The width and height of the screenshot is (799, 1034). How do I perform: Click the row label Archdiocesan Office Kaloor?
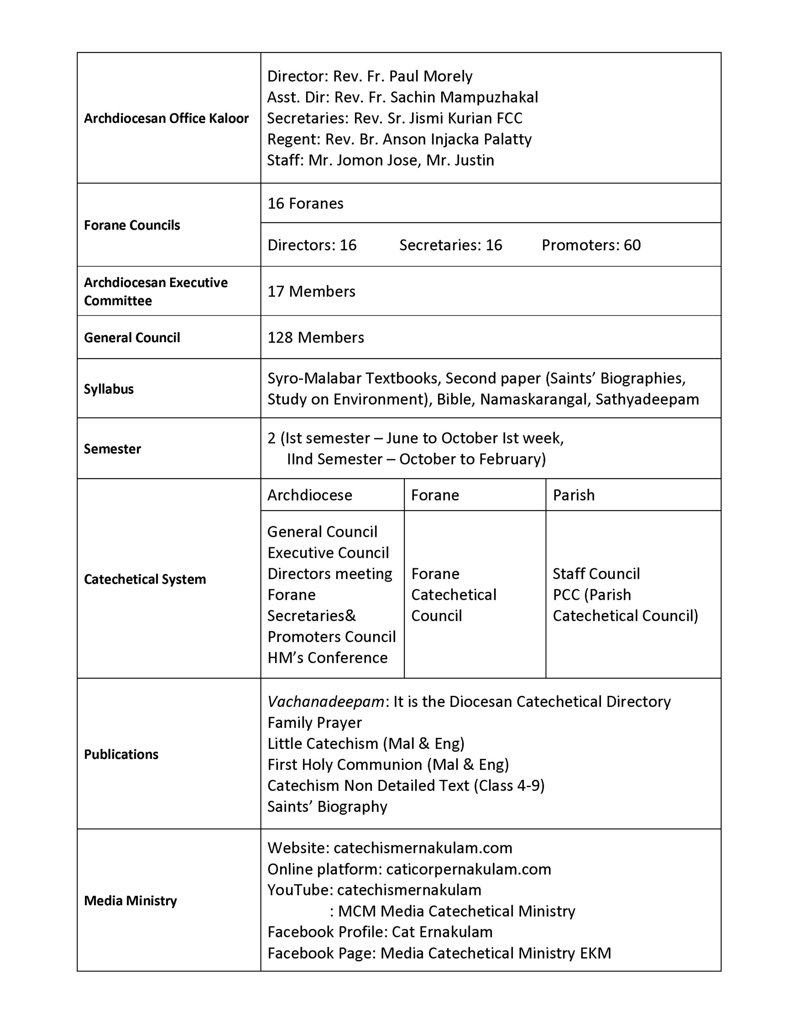pos(166,118)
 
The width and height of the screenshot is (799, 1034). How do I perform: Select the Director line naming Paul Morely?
pos(370,76)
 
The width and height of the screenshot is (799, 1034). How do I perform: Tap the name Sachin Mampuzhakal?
pos(464,97)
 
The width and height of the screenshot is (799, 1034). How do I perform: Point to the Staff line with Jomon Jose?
pos(381,160)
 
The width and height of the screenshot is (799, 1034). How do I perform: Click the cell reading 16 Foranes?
pos(305,203)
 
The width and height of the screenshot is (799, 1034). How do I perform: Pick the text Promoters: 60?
pos(591,245)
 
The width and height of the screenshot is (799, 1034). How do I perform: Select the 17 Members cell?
pos(311,291)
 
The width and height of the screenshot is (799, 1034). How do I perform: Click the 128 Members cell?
pos(315,337)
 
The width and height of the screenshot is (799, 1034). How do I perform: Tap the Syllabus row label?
pos(109,389)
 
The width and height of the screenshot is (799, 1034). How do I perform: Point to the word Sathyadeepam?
pos(647,399)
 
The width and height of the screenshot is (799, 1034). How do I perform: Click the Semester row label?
pos(112,448)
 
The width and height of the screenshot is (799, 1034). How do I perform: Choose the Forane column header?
pos(435,495)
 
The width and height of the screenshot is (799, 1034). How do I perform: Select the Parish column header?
pos(574,495)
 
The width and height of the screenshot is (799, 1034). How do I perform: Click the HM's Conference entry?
pos(327,657)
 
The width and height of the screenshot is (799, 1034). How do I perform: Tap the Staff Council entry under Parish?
pos(596,573)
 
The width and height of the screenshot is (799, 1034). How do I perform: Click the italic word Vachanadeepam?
pos(326,701)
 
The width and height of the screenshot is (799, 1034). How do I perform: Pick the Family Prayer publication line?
pos(315,723)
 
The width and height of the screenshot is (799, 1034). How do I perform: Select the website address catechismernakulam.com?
pos(423,847)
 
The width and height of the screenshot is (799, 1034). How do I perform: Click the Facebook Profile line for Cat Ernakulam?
pos(380,932)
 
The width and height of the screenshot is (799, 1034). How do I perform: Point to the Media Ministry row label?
pos(130,900)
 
